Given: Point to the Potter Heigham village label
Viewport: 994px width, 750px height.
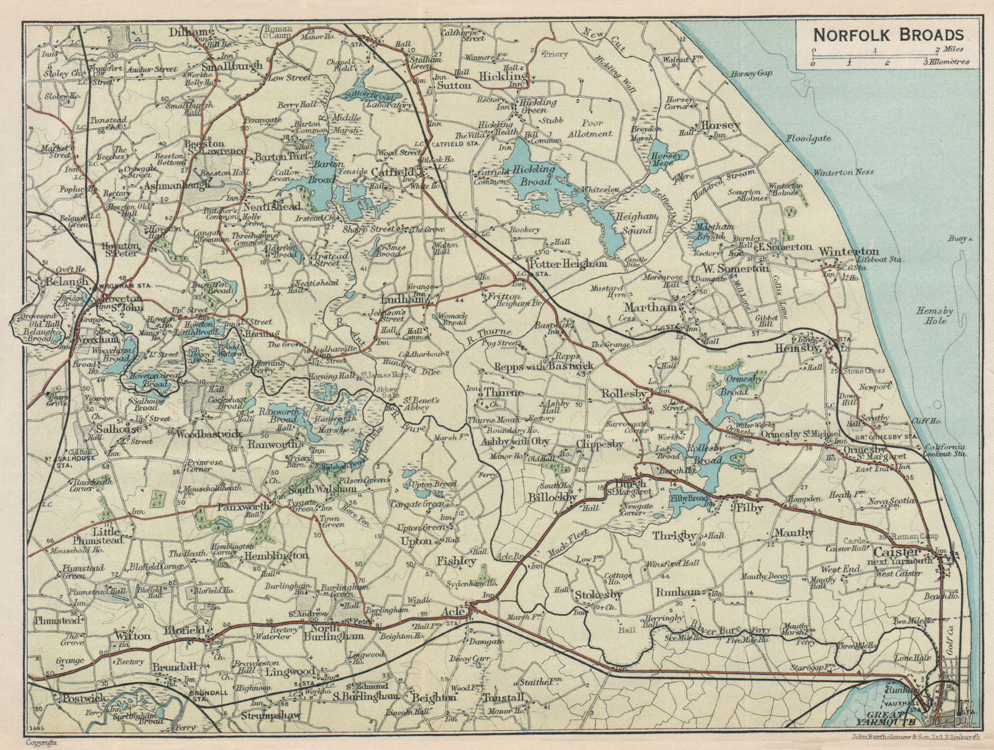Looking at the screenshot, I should tap(567, 263).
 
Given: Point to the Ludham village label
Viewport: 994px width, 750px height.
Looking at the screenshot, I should tap(405, 300).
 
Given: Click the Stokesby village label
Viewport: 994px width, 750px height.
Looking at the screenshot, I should tap(594, 595).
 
